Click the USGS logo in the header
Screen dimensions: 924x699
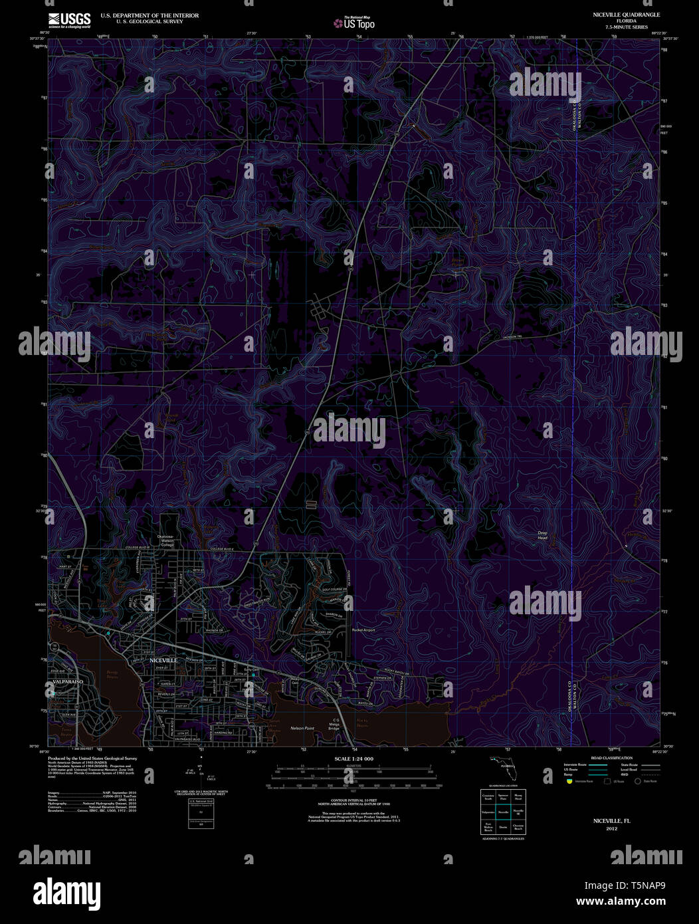69,20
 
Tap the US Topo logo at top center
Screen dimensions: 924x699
355,23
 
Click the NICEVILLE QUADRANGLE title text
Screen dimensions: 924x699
613,15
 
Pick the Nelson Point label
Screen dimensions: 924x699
302,729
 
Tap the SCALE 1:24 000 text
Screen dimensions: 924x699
353,759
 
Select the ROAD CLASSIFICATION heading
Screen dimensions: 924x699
611,758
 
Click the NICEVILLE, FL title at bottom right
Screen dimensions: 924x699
611,821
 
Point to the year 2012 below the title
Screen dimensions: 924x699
611,829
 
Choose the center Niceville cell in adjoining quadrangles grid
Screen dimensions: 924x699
503,812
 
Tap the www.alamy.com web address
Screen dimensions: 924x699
621,902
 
